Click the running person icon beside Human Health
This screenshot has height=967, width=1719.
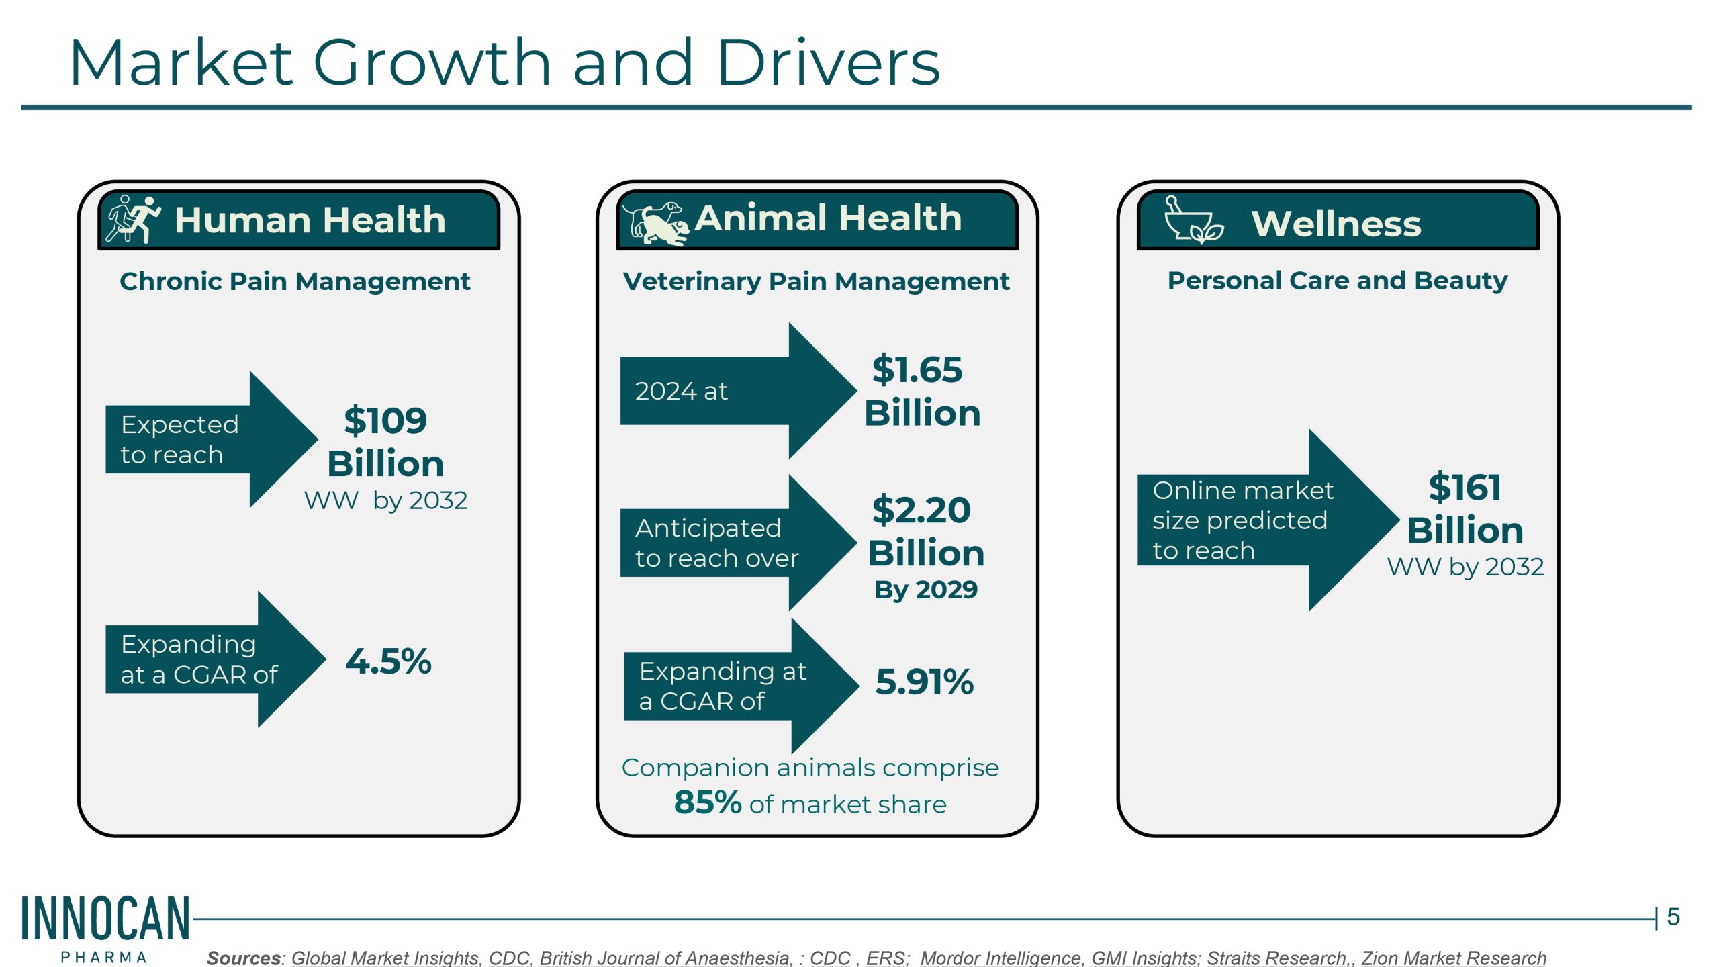[x=134, y=219]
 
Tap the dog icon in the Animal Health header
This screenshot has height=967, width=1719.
[x=655, y=223]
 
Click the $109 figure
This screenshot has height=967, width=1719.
[x=385, y=421]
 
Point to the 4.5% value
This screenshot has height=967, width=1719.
[x=388, y=661]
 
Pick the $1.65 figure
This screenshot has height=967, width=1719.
[x=917, y=370]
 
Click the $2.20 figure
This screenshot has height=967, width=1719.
[x=921, y=510]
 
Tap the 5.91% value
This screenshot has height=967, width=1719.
[x=924, y=682]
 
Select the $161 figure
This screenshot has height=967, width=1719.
[x=1465, y=488]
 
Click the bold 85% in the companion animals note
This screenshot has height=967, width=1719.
[x=708, y=802]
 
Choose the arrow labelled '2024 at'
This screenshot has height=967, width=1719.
[x=732, y=391]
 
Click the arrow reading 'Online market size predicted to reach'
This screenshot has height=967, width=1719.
[x=1262, y=520]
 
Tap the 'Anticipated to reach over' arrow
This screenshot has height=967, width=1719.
[x=732, y=543]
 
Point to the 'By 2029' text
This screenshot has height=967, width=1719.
[x=925, y=590]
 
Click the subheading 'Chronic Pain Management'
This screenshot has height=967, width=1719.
[x=295, y=281]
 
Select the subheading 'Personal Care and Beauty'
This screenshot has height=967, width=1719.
[x=1337, y=281]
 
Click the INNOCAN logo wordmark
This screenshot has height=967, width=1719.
[x=105, y=919]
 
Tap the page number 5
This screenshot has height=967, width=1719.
[x=1673, y=917]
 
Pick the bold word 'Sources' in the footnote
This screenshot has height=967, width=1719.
[x=244, y=958]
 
